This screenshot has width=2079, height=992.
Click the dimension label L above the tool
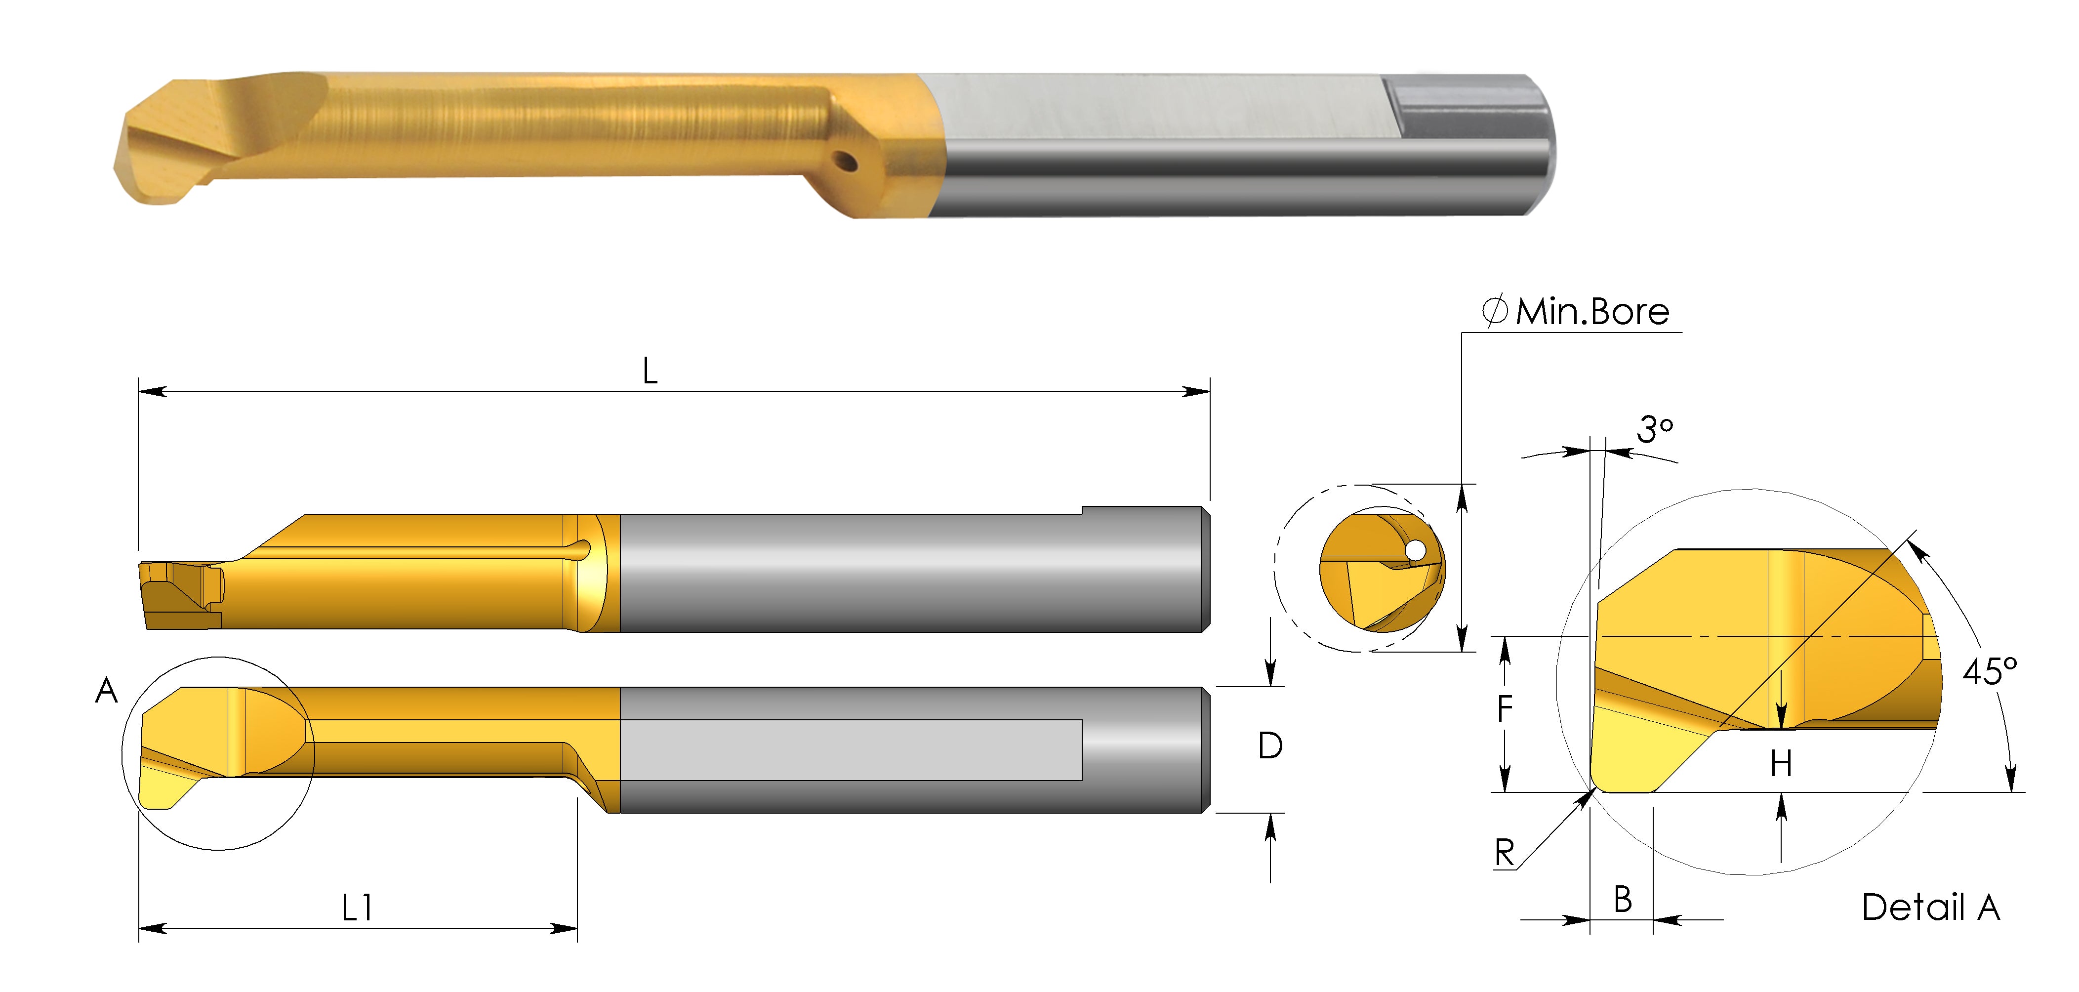click(650, 372)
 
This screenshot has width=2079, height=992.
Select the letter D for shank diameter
click(1270, 746)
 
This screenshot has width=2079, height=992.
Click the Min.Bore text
click(1591, 312)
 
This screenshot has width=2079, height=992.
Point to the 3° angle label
click(1655, 429)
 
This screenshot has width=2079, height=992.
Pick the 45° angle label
click(1990, 671)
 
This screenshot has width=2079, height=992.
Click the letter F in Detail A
click(1505, 709)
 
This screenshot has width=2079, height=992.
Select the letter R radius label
click(1505, 852)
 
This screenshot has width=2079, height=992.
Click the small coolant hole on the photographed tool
click(846, 162)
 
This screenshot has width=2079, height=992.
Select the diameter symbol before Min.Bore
click(1495, 312)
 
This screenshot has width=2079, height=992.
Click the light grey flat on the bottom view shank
click(852, 750)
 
